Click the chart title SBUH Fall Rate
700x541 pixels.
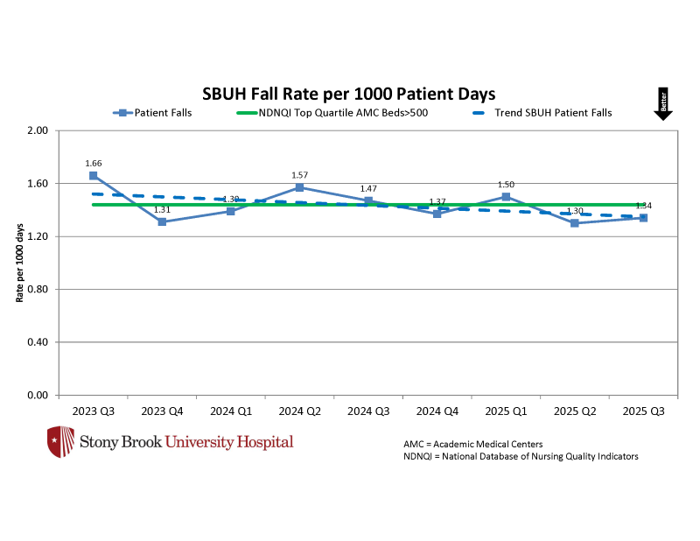tap(349, 94)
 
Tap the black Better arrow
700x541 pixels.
tap(663, 104)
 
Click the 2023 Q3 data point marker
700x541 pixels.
tap(94, 175)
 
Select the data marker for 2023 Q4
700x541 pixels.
tap(163, 221)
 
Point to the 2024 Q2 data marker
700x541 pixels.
tap(300, 187)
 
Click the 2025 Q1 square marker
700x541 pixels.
tap(507, 196)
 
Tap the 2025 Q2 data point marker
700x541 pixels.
tap(575, 223)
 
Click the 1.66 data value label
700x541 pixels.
tap(94, 163)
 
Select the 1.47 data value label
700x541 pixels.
tap(368, 188)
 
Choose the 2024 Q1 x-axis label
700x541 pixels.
tap(231, 411)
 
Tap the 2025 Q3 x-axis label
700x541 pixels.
tap(643, 411)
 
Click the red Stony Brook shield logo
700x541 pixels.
tap(60, 442)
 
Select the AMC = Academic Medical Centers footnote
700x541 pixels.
tap(472, 444)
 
